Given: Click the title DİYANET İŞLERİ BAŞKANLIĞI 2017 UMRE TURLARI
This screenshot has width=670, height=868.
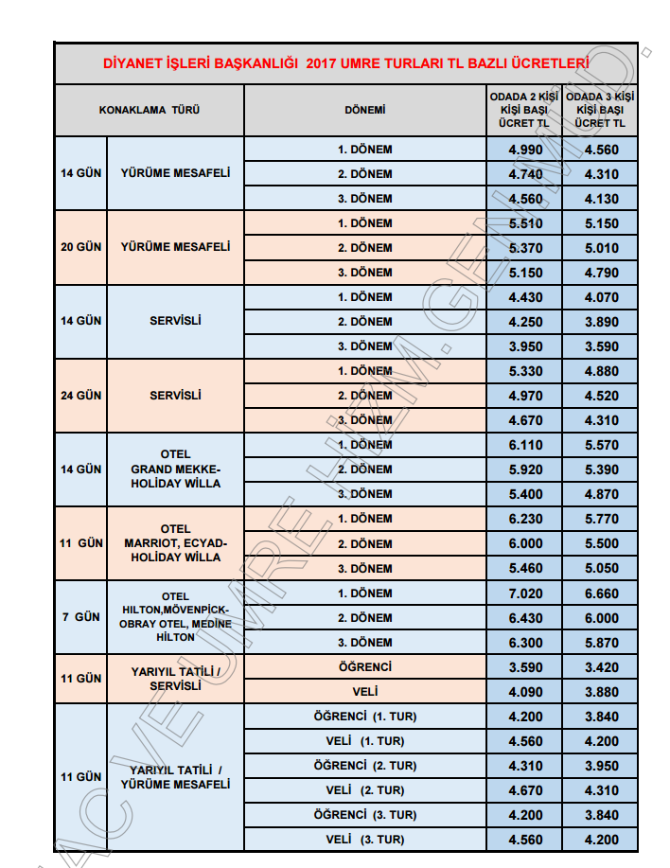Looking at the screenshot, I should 345,64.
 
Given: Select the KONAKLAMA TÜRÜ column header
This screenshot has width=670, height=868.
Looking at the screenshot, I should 150,110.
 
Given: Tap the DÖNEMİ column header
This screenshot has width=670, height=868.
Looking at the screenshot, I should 364,110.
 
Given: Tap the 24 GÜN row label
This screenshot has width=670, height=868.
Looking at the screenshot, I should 81,396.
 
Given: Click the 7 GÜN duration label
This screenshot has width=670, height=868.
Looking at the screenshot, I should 81,617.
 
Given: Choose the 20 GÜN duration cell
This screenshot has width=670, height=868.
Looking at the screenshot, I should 81,248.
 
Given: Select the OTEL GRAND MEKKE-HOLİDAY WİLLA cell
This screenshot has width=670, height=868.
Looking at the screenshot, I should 176,469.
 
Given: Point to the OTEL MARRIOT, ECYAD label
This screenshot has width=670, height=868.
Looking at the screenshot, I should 176,543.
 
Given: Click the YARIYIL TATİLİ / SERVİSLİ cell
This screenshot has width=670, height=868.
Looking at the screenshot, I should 176,679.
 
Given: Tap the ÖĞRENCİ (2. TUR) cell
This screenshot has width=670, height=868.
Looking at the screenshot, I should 364,766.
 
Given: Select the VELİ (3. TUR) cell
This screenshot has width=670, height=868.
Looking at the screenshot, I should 364,840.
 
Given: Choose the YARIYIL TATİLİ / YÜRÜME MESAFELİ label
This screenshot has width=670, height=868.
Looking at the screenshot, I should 176,777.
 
